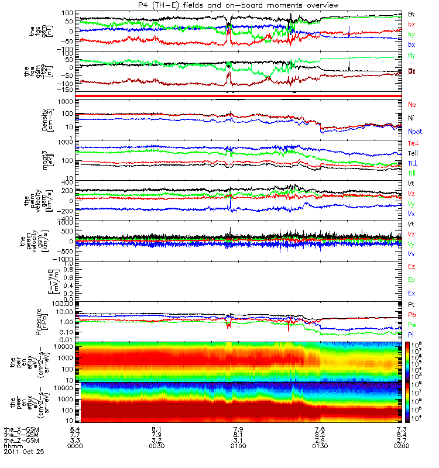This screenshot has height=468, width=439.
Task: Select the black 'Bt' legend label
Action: point(411,13)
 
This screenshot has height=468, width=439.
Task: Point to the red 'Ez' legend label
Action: point(412,267)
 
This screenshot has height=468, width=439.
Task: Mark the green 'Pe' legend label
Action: point(411,325)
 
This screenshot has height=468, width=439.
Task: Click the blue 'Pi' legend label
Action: point(411,334)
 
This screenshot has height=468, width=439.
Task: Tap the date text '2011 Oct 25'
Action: point(23,452)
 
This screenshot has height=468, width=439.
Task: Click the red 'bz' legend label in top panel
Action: point(411,24)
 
